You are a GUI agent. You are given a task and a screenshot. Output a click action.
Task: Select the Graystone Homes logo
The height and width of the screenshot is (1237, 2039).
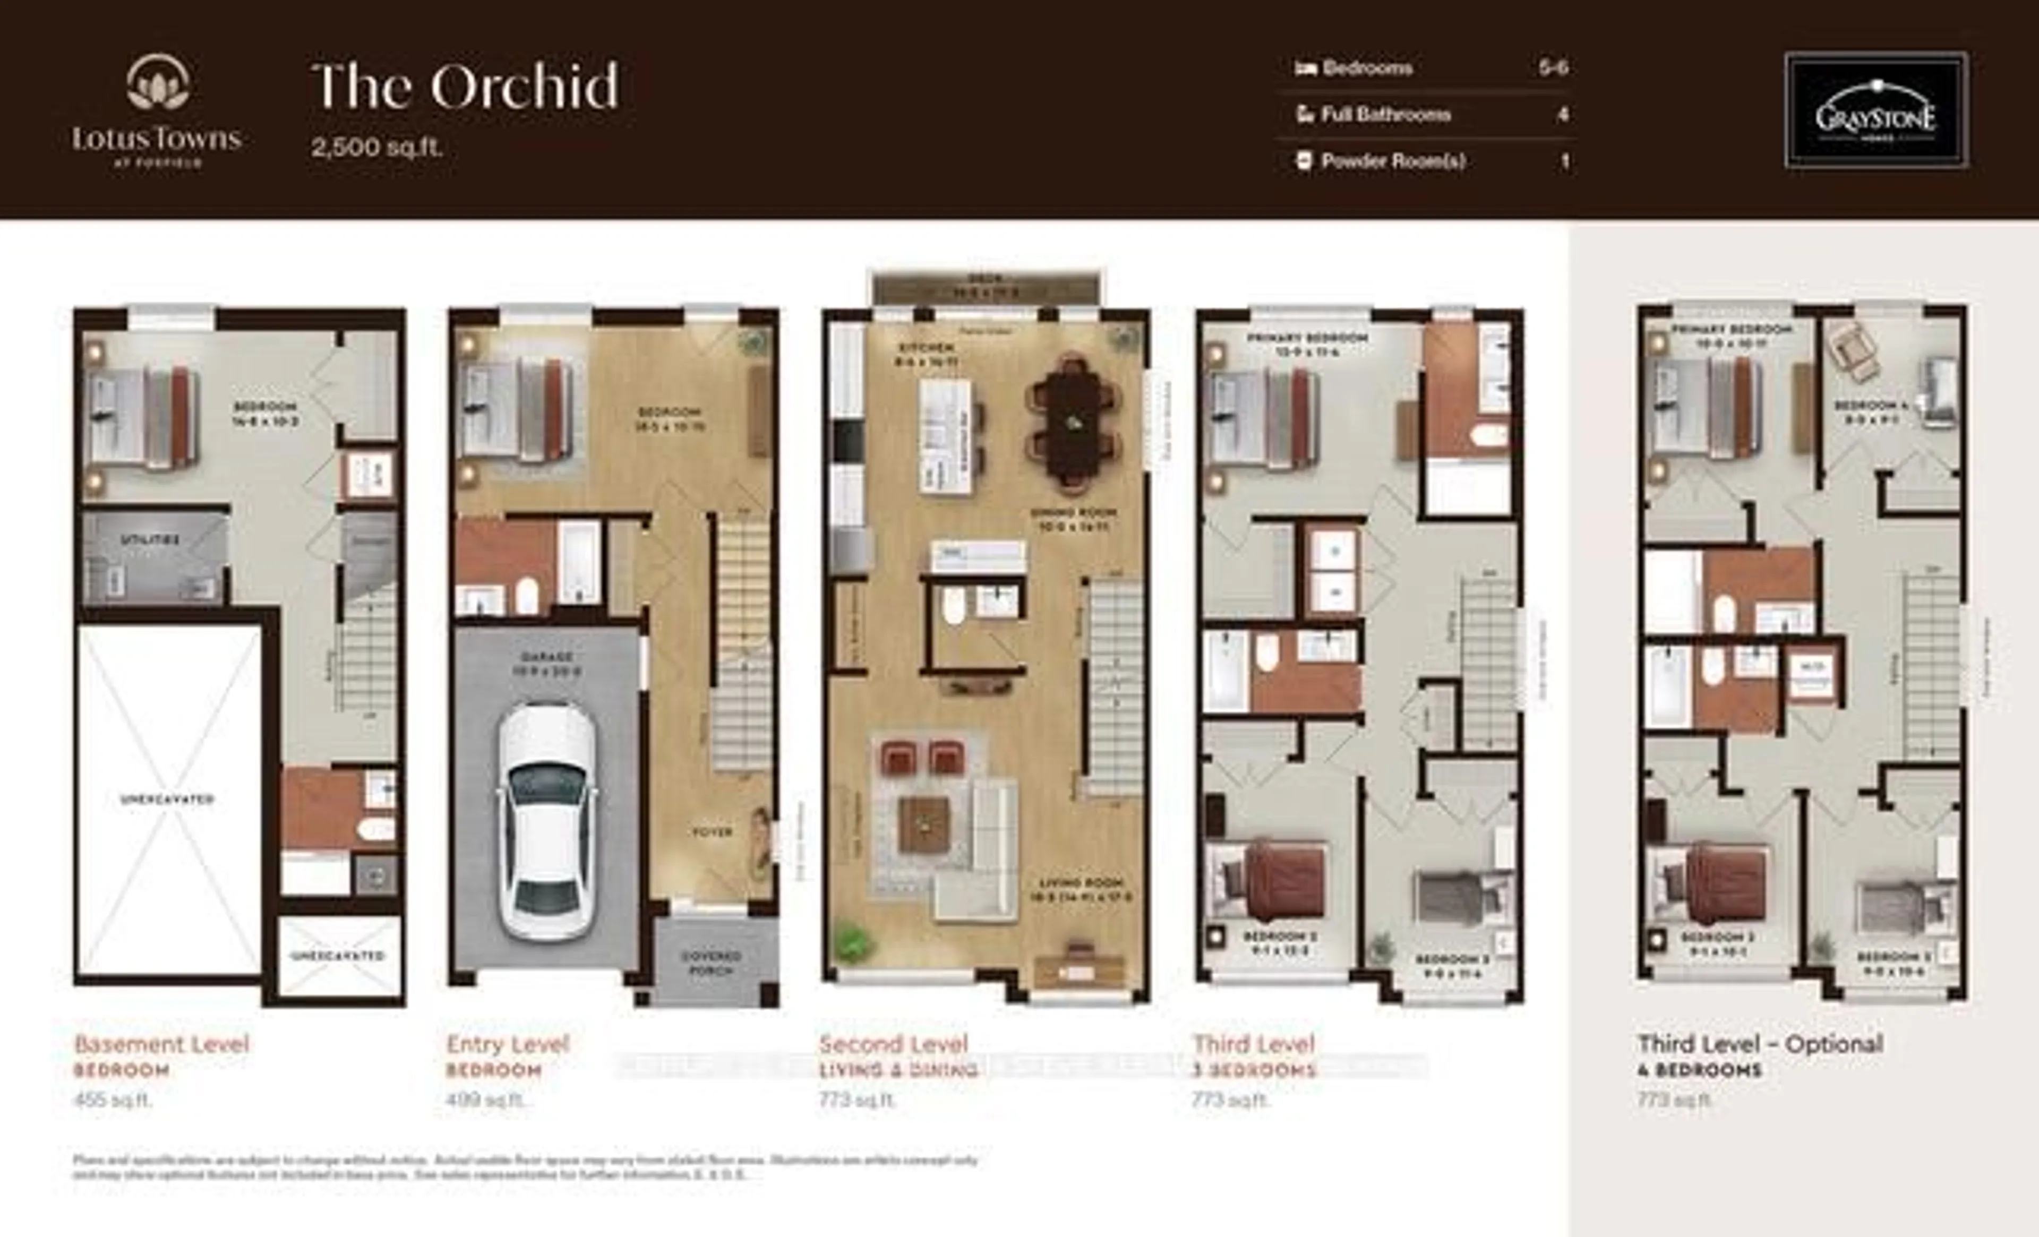pyautogui.click(x=1876, y=110)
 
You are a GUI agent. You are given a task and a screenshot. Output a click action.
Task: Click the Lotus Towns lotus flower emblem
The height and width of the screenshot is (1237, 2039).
pyautogui.click(x=157, y=83)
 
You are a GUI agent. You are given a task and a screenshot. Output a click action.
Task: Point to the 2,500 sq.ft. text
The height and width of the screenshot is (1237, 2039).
pyautogui.click(x=376, y=147)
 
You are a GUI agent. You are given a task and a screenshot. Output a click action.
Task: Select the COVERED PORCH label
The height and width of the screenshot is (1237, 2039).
pyautogui.click(x=711, y=963)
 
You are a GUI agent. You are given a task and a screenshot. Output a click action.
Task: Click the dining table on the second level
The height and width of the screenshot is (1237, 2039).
pyautogui.click(x=1073, y=423)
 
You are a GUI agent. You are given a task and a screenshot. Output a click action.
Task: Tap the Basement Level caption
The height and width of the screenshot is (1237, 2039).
pyautogui.click(x=161, y=1044)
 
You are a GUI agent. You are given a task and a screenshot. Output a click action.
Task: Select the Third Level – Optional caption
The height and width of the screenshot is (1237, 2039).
pyautogui.click(x=1760, y=1044)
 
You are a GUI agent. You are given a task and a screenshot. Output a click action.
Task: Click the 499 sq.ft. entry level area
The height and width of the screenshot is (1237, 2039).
pyautogui.click(x=484, y=1099)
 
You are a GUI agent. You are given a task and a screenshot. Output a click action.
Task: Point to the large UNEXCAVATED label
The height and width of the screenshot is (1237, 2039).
pyautogui.click(x=167, y=800)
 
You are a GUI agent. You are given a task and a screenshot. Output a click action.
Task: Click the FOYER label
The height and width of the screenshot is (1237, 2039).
pyautogui.click(x=712, y=831)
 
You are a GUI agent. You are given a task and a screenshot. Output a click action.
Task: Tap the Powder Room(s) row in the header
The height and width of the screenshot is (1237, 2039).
pyautogui.click(x=1393, y=160)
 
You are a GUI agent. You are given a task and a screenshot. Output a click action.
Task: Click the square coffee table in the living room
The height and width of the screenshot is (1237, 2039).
pyautogui.click(x=925, y=823)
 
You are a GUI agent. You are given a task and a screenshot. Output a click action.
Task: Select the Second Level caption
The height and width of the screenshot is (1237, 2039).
pyautogui.click(x=893, y=1044)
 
